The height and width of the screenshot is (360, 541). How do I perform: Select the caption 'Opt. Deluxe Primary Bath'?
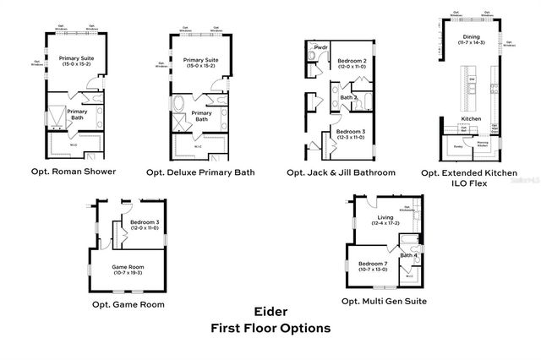pyautogui.click(x=200, y=172)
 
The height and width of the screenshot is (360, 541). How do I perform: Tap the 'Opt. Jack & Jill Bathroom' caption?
pyautogui.click(x=341, y=172)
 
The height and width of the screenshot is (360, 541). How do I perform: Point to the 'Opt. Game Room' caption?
pyautogui.click(x=128, y=304)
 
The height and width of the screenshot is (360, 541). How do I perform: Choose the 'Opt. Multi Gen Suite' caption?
pyautogui.click(x=384, y=301)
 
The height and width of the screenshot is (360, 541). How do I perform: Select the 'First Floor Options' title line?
pyautogui.click(x=270, y=328)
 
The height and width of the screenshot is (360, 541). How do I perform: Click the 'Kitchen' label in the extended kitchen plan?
pyautogui.click(x=470, y=119)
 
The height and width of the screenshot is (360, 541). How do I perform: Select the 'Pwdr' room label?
pyautogui.click(x=320, y=47)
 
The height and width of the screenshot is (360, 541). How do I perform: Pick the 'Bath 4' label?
pyautogui.click(x=408, y=254)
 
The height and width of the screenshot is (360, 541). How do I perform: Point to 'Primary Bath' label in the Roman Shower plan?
pyautogui.click(x=77, y=114)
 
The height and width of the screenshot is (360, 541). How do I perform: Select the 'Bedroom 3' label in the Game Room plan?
pyautogui.click(x=144, y=223)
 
